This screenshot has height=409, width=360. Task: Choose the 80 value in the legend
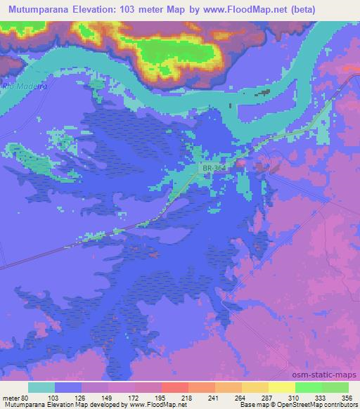click(x=26, y=397)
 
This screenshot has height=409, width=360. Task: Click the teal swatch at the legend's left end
click(x=41, y=387)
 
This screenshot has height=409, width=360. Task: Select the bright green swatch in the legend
click(x=308, y=387)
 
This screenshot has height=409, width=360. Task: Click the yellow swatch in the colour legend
click(x=281, y=387)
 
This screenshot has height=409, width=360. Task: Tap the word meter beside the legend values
click(x=11, y=397)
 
